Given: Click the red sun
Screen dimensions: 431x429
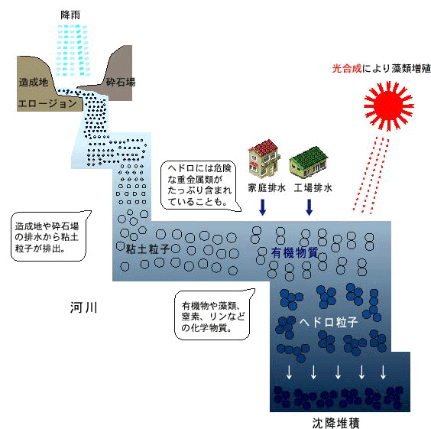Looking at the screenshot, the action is [389, 106].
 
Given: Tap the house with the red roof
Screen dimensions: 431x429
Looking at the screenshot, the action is [264, 158].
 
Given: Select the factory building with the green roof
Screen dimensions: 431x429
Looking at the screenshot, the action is [309, 162].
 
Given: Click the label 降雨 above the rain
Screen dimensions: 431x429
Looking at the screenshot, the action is [70, 15].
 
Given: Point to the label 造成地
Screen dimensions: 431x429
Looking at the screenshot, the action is [34, 82].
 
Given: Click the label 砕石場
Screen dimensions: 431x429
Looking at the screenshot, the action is [121, 82].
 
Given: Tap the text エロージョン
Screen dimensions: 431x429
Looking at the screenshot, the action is [47, 103].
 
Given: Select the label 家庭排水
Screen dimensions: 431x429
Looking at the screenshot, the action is [267, 188].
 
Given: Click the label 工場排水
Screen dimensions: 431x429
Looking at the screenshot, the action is [313, 188].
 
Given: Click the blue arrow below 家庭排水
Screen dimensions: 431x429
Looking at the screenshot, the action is [263, 207].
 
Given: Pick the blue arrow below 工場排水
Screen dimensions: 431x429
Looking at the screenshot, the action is [309, 207].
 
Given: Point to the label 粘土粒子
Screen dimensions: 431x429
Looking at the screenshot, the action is [147, 249].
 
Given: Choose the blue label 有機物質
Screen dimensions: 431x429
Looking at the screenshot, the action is [295, 252].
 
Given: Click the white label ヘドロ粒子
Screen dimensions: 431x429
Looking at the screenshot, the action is [329, 322].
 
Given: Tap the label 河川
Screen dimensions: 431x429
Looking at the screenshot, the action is [83, 307].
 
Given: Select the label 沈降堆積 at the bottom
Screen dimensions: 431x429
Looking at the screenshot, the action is [336, 423].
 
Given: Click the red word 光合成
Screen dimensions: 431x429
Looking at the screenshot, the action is [347, 69].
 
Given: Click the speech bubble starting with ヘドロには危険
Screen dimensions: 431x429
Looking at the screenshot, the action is [199, 185].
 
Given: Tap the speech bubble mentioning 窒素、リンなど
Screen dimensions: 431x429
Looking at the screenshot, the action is [213, 315].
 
